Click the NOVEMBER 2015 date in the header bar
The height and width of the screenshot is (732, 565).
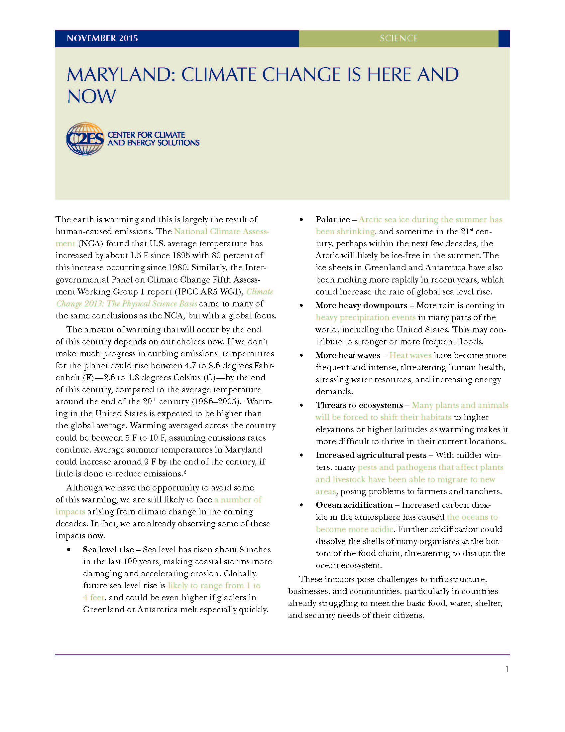[102, 38]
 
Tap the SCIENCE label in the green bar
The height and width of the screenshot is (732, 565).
[398, 38]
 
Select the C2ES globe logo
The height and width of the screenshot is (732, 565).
[85, 139]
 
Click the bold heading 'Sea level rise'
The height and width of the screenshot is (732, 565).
[108, 550]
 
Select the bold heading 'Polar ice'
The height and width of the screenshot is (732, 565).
[332, 220]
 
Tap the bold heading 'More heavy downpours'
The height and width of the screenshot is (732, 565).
[361, 305]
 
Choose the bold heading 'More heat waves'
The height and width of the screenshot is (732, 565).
[348, 355]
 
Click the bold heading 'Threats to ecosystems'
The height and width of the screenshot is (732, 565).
[359, 405]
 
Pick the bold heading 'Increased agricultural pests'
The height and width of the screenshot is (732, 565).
[371, 455]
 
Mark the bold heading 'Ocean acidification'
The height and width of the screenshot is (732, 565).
[354, 505]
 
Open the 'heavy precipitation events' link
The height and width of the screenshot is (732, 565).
[365, 317]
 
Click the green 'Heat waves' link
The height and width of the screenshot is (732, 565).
[410, 355]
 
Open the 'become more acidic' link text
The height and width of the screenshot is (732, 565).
[354, 529]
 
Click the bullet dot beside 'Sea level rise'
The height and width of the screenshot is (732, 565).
[69, 550]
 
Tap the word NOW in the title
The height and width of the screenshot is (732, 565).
[91, 96]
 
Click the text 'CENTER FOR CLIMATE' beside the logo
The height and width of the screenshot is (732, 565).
[146, 135]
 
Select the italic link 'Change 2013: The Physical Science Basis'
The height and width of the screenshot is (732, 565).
[127, 304]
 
